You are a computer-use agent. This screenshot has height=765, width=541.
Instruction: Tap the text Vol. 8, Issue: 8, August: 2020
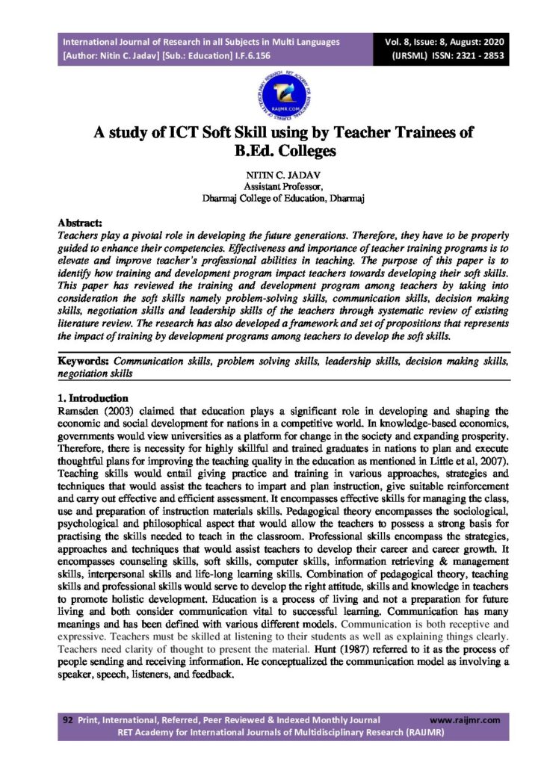445,42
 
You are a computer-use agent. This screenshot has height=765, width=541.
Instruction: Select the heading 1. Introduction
93,398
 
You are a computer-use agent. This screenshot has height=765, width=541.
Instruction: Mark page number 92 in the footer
67,719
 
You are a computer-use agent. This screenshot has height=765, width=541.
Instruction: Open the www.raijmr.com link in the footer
465,719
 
